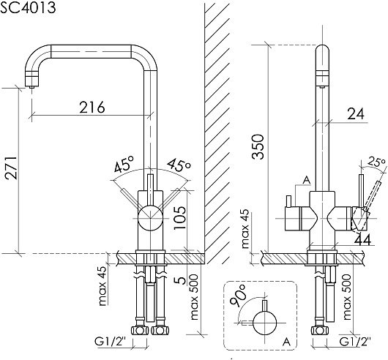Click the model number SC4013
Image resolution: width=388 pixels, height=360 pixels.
point(28,7)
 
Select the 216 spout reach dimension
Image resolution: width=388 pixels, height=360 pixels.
point(92,107)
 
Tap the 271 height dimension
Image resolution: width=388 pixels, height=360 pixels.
point(12,168)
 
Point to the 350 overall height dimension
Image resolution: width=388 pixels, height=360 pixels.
point(258,146)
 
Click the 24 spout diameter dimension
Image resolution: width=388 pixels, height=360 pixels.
point(356,114)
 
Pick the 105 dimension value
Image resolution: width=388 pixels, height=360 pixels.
point(179,217)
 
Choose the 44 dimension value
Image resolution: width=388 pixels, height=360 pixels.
point(362,239)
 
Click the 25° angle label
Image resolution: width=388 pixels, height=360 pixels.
point(376,162)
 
